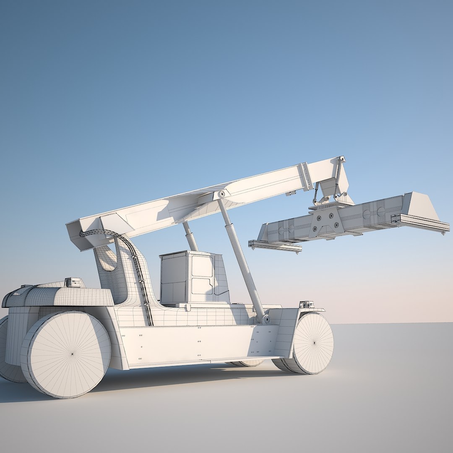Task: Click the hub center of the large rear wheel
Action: point(72,354)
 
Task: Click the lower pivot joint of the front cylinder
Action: point(266,319)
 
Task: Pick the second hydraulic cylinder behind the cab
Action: point(190,237)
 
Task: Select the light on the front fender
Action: point(306,304)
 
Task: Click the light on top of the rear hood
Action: point(73,282)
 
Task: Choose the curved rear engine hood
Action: point(59,295)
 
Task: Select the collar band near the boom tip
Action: point(305,176)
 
